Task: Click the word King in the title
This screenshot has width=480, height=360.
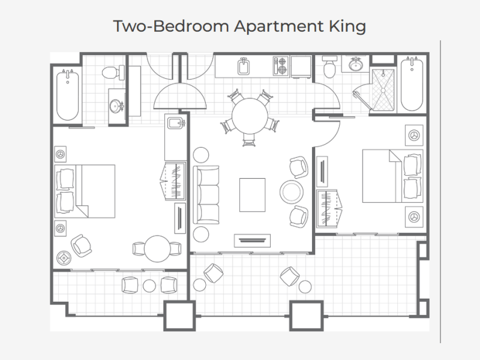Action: pos(347,26)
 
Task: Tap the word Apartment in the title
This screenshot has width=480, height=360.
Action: pos(279,26)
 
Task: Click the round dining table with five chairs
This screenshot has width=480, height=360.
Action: pos(250,116)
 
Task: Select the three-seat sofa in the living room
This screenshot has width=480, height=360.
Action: pos(206,195)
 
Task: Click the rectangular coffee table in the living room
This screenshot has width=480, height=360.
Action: pos(252,195)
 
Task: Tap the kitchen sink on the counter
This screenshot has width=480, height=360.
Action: pos(244,67)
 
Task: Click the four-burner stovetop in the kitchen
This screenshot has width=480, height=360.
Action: pos(281,66)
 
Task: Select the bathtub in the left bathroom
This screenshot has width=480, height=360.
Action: pos(68,95)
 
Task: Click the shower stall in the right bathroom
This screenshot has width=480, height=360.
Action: pos(383,90)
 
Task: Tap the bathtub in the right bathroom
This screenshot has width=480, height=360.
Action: pos(412,84)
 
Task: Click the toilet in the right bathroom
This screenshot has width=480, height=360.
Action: pos(329,67)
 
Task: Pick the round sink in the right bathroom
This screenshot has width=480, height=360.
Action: pos(355,65)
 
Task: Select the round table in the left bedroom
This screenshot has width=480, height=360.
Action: pos(157,248)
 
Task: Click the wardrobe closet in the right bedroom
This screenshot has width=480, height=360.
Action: pos(328,208)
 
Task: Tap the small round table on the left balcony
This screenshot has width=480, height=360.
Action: pos(149,286)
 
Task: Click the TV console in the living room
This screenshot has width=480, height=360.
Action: pos(252,241)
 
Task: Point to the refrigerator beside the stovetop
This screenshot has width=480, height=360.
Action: pos(301,67)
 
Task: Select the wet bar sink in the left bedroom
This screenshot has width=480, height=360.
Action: pos(176,124)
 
